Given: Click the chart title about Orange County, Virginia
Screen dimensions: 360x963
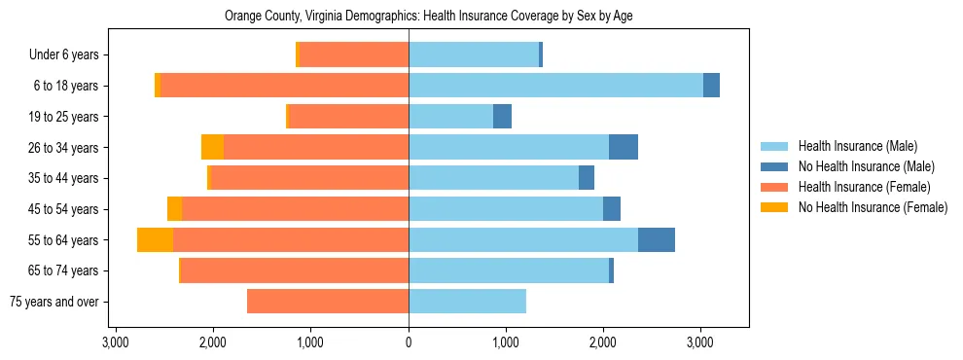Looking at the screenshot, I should pyautogui.click(x=429, y=17).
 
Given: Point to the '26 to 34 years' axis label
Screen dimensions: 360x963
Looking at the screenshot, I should pyautogui.click(x=63, y=148).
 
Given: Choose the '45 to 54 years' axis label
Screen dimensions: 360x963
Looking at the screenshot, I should pyautogui.click(x=63, y=209).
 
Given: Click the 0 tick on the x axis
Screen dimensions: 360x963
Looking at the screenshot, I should pyautogui.click(x=409, y=343).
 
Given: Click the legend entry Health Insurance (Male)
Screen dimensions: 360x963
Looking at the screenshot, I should pyautogui.click(x=856, y=146).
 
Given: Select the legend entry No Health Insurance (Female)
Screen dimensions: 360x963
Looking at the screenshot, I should pyautogui.click(x=872, y=207).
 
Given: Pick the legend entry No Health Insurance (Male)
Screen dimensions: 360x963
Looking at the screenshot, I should pyautogui.click(x=865, y=166).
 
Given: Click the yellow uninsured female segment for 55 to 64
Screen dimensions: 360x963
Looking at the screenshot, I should pyautogui.click(x=155, y=240).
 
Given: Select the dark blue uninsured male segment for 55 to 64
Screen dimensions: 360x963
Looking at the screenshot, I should pyautogui.click(x=657, y=240).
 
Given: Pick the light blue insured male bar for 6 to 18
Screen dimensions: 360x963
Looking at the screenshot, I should pyautogui.click(x=555, y=86).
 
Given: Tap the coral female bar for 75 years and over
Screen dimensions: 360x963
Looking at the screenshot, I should pyautogui.click(x=328, y=302).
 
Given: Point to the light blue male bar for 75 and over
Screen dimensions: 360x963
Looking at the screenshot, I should pyautogui.click(x=467, y=302).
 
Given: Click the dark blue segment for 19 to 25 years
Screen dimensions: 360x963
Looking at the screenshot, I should pyautogui.click(x=502, y=117).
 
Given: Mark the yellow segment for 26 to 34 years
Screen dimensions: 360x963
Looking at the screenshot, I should pyautogui.click(x=212, y=148).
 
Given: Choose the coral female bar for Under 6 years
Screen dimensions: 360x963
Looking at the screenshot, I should pyautogui.click(x=354, y=55).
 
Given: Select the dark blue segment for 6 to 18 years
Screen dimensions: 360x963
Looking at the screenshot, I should pyautogui.click(x=711, y=86).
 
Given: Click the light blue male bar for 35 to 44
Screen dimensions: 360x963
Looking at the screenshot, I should pyautogui.click(x=493, y=178).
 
